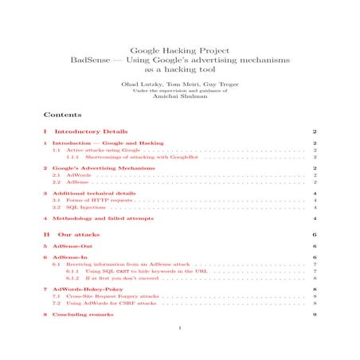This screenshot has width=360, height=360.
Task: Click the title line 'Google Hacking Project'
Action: pyautogui.click(x=180, y=49)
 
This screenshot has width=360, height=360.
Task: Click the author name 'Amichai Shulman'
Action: pyautogui.click(x=180, y=98)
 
